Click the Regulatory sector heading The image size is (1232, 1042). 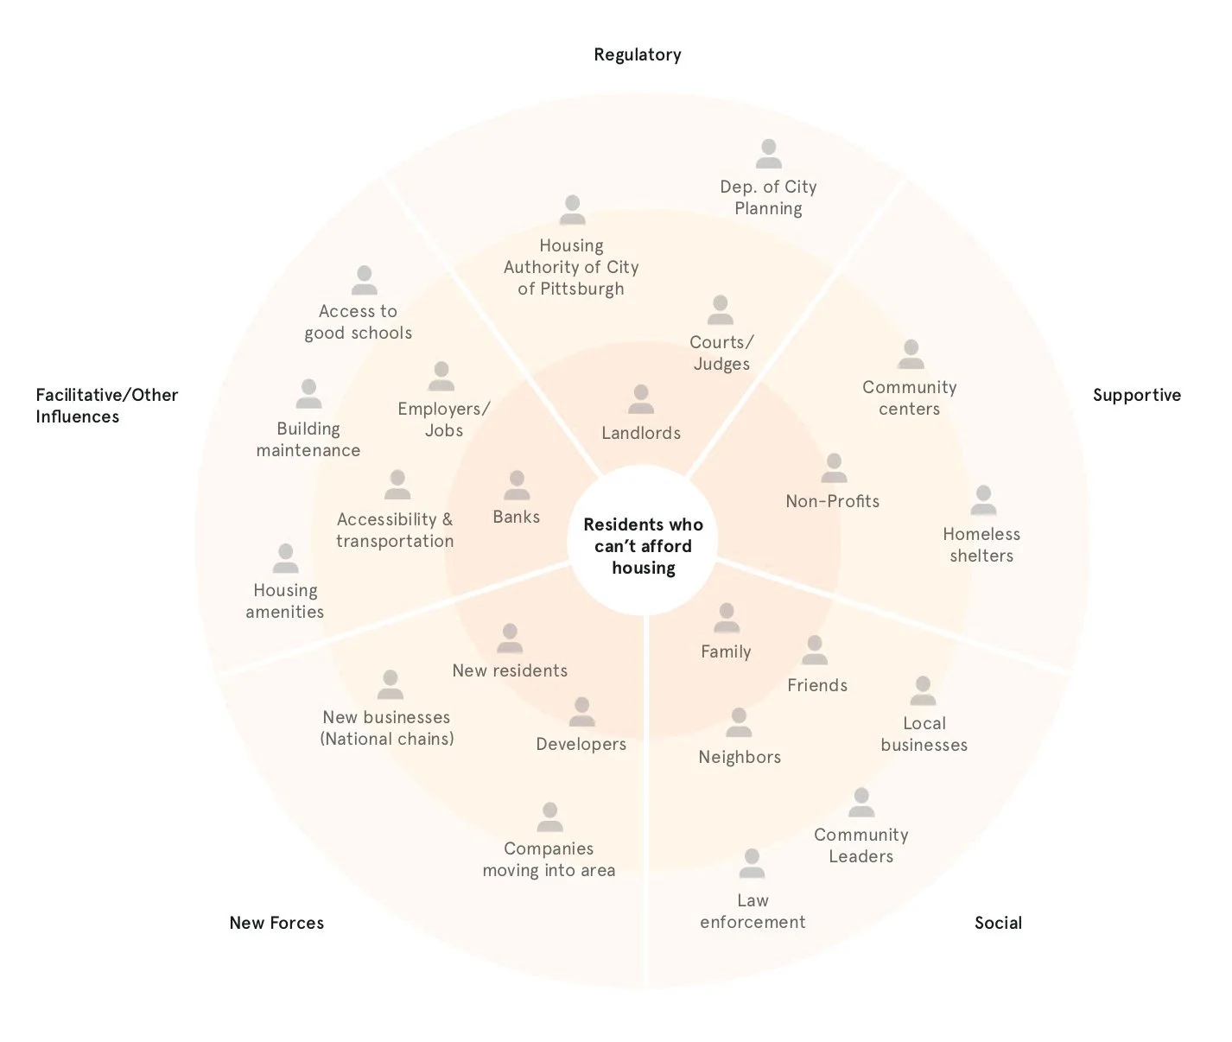[637, 54]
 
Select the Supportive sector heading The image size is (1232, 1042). [1137, 395]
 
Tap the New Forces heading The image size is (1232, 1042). [276, 923]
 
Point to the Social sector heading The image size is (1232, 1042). [998, 923]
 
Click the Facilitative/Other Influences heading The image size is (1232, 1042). [106, 405]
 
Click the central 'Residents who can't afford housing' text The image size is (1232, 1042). [643, 546]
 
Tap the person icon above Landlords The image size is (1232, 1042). [641, 399]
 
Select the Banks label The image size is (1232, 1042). [516, 517]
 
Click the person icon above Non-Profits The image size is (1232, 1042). [834, 468]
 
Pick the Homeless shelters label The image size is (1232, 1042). [981, 545]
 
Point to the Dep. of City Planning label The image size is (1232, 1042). [768, 197]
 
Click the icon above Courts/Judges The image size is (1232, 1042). [720, 309]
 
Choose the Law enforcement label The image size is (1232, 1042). [753, 911]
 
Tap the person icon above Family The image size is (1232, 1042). [727, 618]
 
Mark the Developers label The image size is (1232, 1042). [581, 744]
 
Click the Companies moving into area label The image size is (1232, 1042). [549, 859]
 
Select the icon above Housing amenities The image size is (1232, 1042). [285, 558]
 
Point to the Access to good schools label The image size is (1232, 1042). [359, 322]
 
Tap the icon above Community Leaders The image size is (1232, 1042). [861, 803]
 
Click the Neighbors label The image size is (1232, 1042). [740, 757]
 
